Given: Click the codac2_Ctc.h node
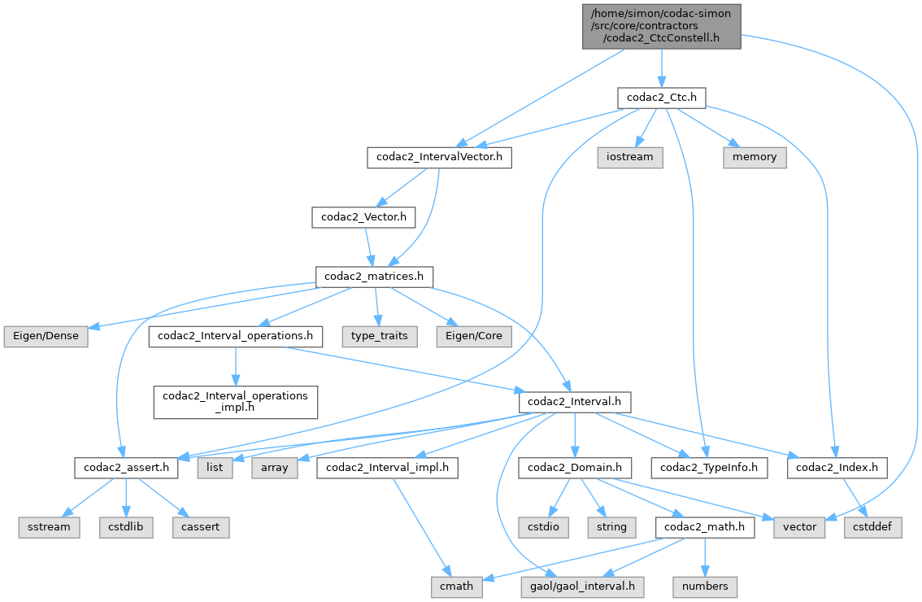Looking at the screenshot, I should [661, 98].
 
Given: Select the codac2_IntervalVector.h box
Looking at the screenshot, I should [439, 157].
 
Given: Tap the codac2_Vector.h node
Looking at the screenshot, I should [364, 217].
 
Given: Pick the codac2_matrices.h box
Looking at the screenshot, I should [375, 277].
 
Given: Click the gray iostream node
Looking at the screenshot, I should [630, 157].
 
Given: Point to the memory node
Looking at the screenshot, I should [755, 157].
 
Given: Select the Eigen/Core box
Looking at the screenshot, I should [474, 336].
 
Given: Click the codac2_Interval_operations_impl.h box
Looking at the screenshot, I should [236, 402].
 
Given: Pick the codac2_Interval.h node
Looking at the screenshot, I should [575, 402].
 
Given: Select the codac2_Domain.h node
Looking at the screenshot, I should [575, 468].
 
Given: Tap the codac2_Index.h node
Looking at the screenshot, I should [837, 468].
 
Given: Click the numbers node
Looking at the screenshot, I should [705, 587].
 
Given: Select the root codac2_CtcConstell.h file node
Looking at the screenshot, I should [661, 25].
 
